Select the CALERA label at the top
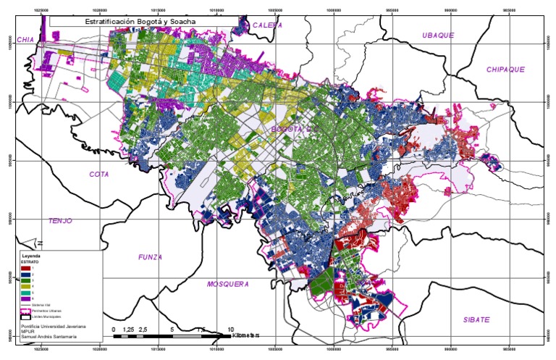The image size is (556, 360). [266, 25]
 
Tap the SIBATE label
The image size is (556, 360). [477, 319]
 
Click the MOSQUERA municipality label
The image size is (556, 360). [227, 283]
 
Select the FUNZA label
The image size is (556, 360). [150, 256]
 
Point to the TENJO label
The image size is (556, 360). [61, 220]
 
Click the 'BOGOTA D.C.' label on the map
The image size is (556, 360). [290, 129]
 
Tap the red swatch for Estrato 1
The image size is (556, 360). [27, 269]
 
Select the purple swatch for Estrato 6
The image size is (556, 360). [27, 298]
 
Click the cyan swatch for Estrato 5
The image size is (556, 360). [27, 292]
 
